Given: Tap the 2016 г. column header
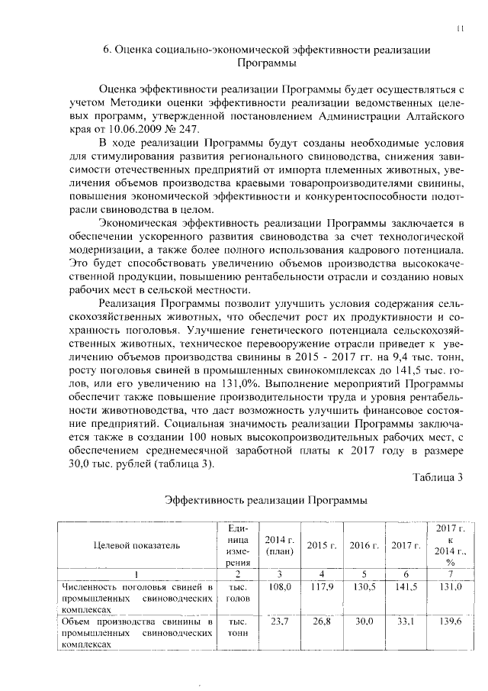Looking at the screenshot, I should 364,545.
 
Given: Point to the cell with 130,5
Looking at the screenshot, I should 364,586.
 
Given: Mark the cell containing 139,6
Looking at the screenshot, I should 450,622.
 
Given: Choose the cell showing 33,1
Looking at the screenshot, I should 406,622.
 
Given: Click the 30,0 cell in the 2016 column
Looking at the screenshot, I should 364,622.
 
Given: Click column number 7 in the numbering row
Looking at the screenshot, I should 450,573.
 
